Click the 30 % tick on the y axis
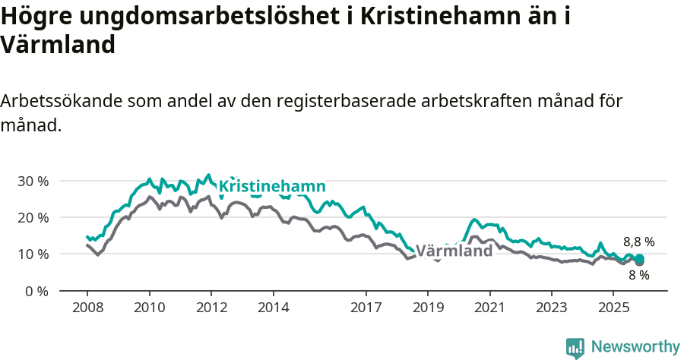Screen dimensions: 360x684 pyautogui.click(x=33, y=181)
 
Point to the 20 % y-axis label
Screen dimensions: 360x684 pyautogui.click(x=33, y=217)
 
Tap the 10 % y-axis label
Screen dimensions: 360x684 pyautogui.click(x=33, y=254)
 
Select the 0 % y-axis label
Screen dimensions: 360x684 pyautogui.click(x=36, y=291)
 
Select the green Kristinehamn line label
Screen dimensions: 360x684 pyautogui.click(x=272, y=187)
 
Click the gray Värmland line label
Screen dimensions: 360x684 pyautogui.click(x=455, y=251)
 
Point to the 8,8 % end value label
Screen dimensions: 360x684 pyautogui.click(x=638, y=242)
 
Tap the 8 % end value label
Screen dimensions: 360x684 pyautogui.click(x=638, y=275)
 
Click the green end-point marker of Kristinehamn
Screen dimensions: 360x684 pyautogui.click(x=639, y=259)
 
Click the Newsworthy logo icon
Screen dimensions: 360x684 pyautogui.click(x=575, y=347)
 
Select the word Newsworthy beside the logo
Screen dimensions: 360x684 pyautogui.click(x=635, y=347)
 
